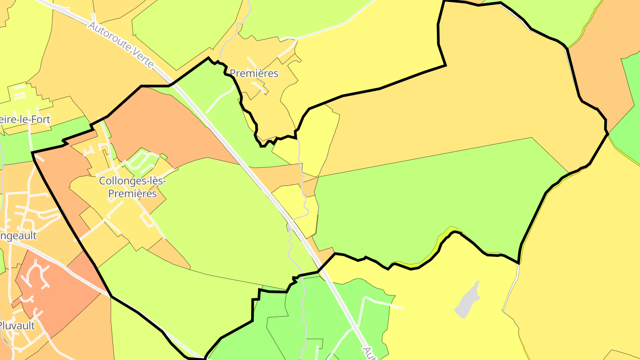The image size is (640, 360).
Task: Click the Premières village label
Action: [254, 73]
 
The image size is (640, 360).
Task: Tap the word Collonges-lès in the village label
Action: [128, 181]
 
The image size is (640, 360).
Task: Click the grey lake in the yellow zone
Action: [468, 300]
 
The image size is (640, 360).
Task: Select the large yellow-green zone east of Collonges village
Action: [222, 213]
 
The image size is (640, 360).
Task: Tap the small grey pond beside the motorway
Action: [289, 227]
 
